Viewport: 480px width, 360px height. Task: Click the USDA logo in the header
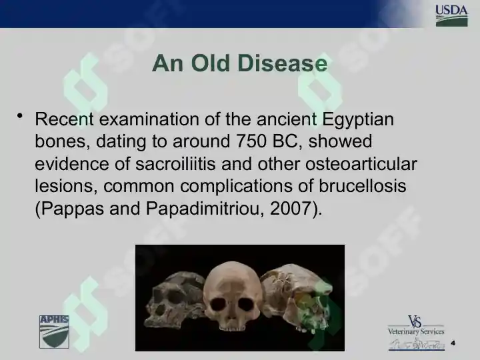[x=451, y=16]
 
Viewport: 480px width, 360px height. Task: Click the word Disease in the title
[x=282, y=63]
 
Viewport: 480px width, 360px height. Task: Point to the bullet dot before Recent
[x=20, y=116]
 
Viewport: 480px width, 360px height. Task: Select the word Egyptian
[x=358, y=120]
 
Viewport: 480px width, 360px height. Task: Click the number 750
[x=251, y=141]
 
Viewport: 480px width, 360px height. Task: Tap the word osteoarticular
[x=361, y=164]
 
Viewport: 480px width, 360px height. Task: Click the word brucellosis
[x=363, y=186]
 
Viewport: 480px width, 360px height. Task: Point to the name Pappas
[x=72, y=209]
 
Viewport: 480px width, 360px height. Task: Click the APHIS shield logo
[x=54, y=332]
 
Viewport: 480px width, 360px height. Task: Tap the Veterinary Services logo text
[x=416, y=331]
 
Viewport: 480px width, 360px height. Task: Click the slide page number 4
[x=453, y=343]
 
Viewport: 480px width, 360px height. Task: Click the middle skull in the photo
[x=232, y=296]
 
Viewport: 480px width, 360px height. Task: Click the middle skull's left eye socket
[x=218, y=304]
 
